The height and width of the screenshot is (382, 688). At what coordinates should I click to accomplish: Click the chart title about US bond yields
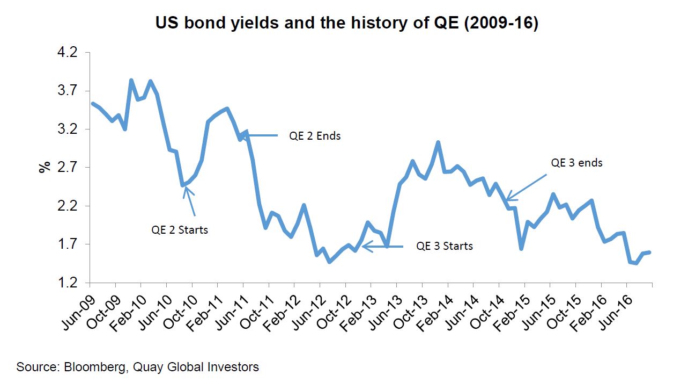click(346, 23)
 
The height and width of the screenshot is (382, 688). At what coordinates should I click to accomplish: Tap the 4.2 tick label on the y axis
click(67, 53)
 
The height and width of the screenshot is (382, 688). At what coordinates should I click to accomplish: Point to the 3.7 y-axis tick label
click(67, 91)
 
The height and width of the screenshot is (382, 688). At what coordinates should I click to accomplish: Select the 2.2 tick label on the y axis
click(67, 206)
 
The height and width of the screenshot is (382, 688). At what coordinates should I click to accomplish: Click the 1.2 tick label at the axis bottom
click(67, 283)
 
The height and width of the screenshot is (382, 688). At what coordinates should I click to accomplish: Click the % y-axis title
click(43, 167)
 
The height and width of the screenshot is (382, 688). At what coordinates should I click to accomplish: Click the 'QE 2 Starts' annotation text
click(179, 230)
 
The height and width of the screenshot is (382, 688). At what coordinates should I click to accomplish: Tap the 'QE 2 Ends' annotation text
click(315, 136)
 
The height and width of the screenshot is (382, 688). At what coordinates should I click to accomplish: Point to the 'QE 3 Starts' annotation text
click(445, 246)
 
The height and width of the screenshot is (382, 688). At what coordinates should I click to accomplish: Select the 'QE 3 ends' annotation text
click(576, 162)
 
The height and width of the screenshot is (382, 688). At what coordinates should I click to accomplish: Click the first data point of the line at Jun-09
click(92, 104)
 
